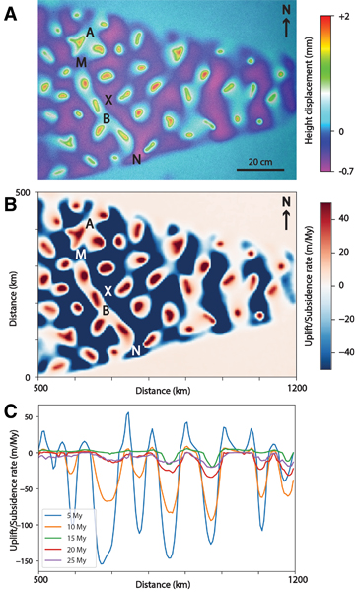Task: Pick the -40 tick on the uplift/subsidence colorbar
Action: point(344,351)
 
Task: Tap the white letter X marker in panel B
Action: point(108,292)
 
